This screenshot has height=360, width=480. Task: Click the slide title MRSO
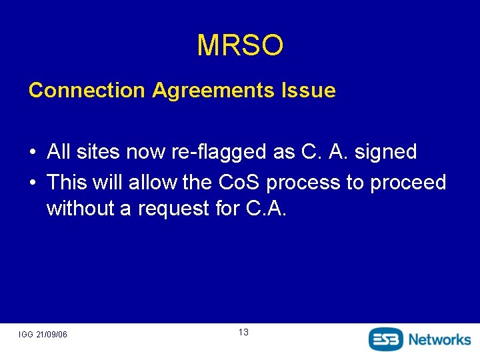click(240, 45)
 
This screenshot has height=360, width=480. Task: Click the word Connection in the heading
click(87, 90)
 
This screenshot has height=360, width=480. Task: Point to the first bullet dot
click(32, 153)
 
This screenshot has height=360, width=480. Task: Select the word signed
click(386, 153)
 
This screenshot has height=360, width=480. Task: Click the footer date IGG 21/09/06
click(43, 334)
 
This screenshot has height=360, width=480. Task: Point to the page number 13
click(243, 332)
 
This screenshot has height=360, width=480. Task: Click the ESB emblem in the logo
click(386, 339)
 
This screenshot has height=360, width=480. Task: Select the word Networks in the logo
click(439, 339)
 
